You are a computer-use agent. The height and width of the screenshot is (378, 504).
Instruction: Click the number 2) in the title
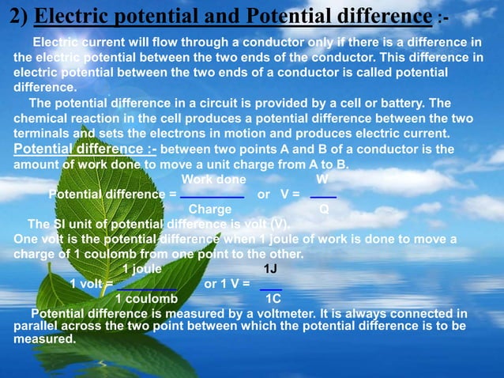(x=19, y=16)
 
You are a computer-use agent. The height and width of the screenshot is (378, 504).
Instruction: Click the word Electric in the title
(x=68, y=16)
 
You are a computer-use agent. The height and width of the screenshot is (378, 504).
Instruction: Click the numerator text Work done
(x=213, y=179)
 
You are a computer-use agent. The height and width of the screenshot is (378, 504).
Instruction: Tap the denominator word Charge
(x=210, y=210)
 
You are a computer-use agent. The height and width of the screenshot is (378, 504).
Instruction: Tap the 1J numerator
(x=270, y=269)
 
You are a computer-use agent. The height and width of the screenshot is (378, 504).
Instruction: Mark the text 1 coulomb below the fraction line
(x=146, y=300)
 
